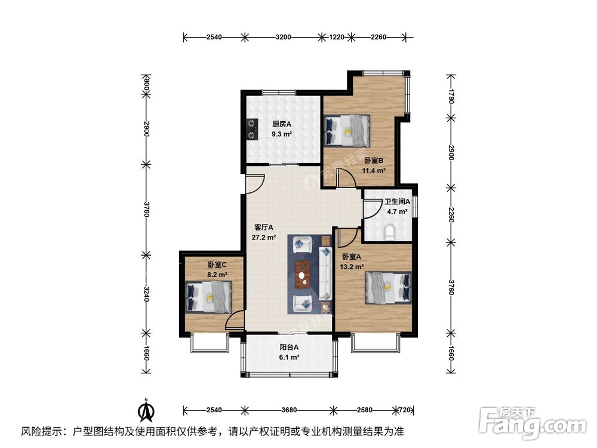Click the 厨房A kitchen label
tap(281, 124)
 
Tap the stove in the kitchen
tap(252, 129)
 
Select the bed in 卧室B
tap(347, 130)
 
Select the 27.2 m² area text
tap(264, 237)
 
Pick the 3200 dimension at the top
tap(284, 37)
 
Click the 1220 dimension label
tap(337, 37)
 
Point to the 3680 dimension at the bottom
tap(289, 410)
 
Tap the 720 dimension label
tap(404, 410)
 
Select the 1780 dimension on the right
tap(452, 96)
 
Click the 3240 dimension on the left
tap(145, 294)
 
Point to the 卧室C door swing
tap(235, 321)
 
